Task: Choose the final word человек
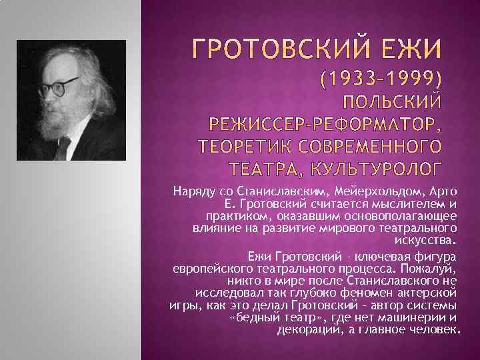coord(435,329)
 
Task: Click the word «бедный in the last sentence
coord(250,317)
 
